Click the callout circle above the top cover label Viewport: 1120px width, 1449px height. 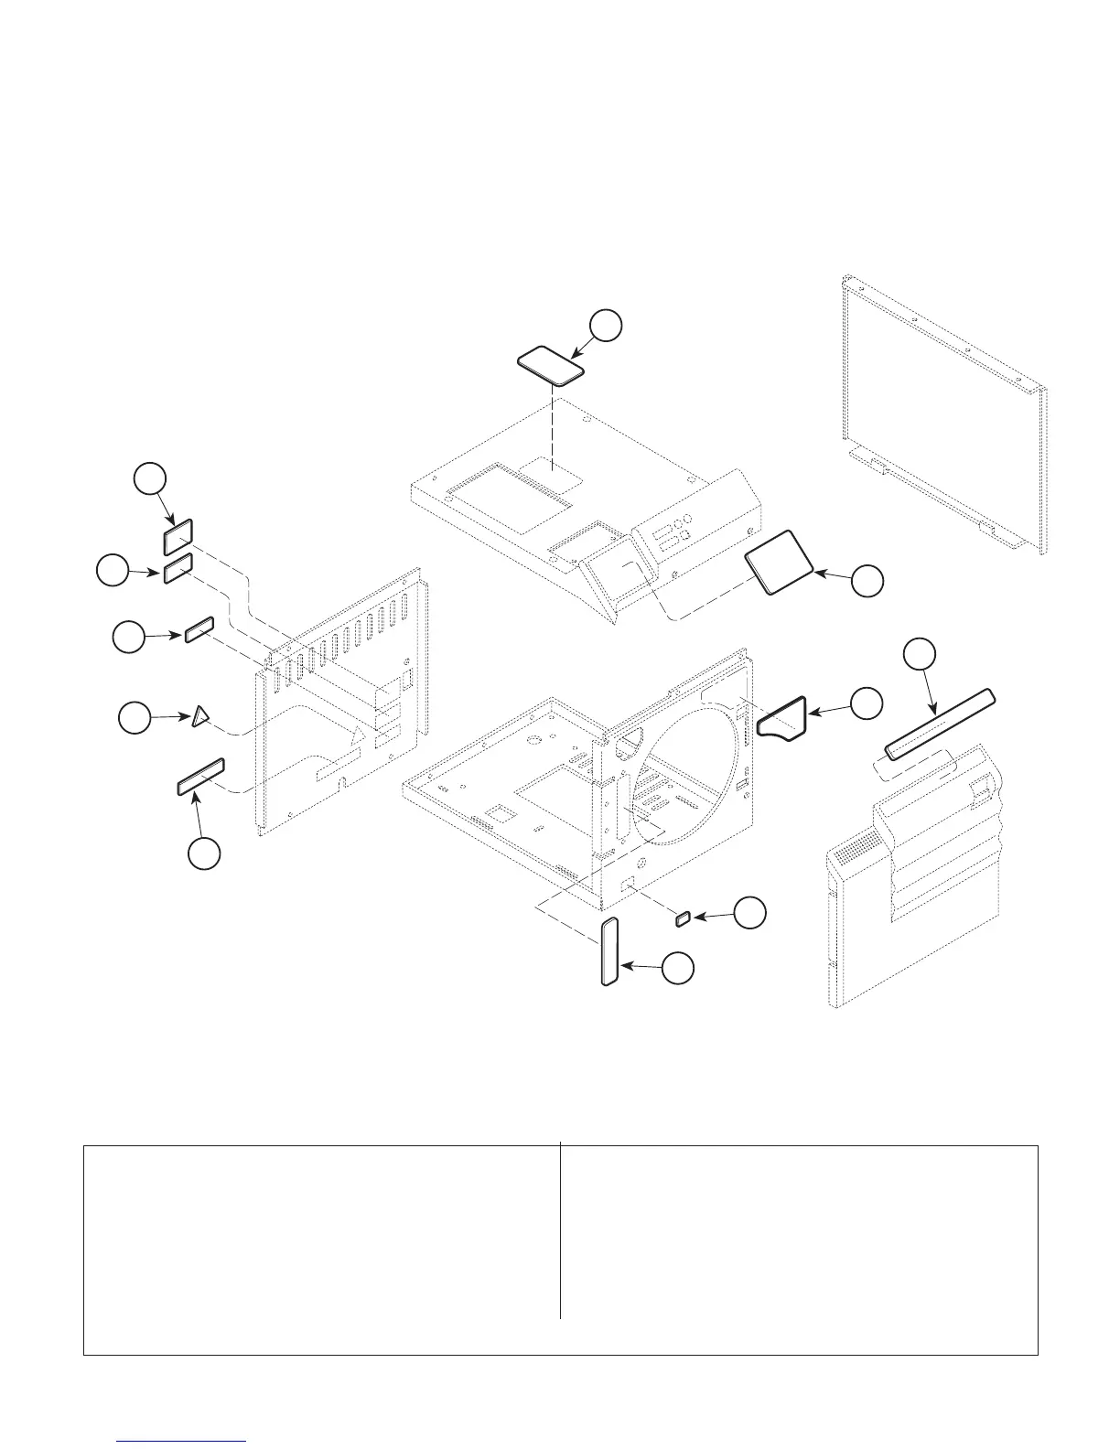(x=606, y=327)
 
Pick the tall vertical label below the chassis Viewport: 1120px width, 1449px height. (x=609, y=952)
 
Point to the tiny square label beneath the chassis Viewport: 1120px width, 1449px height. (x=682, y=918)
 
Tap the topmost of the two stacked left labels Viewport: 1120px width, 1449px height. (x=178, y=536)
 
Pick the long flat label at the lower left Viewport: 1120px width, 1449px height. (x=200, y=776)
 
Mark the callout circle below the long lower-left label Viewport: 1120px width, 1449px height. (x=204, y=853)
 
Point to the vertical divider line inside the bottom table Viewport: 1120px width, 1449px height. (x=560, y=1230)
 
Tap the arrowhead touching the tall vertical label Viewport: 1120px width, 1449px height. (x=628, y=965)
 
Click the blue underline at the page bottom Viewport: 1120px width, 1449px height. (x=183, y=1443)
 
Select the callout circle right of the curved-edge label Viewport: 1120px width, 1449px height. (x=866, y=703)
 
